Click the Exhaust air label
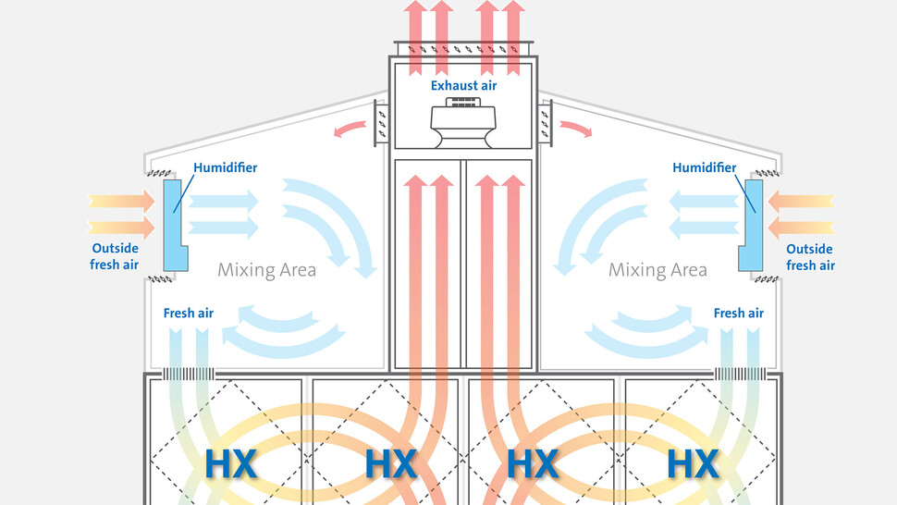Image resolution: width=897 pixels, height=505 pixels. click(x=463, y=86)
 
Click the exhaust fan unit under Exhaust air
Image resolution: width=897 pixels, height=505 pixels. click(x=464, y=124)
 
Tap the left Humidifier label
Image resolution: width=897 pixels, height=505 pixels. click(x=226, y=167)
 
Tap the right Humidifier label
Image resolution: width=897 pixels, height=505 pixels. click(x=705, y=167)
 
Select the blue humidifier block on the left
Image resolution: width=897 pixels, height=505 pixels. click(x=175, y=223)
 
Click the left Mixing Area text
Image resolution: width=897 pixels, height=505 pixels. click(x=266, y=270)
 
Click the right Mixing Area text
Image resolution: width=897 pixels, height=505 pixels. click(x=657, y=270)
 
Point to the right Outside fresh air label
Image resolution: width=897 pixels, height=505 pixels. click(x=810, y=257)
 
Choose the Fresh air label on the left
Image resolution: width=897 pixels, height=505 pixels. click(x=189, y=313)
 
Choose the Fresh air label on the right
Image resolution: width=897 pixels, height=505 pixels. click(x=738, y=313)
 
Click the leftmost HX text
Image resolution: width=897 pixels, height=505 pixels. click(x=230, y=463)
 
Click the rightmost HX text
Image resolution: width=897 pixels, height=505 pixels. click(x=693, y=463)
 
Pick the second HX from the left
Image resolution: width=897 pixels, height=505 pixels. click(x=391, y=463)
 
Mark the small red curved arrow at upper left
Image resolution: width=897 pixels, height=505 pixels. click(x=349, y=129)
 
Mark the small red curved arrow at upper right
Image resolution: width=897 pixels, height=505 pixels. click(x=575, y=129)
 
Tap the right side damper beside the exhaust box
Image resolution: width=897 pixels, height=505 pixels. click(x=545, y=124)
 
